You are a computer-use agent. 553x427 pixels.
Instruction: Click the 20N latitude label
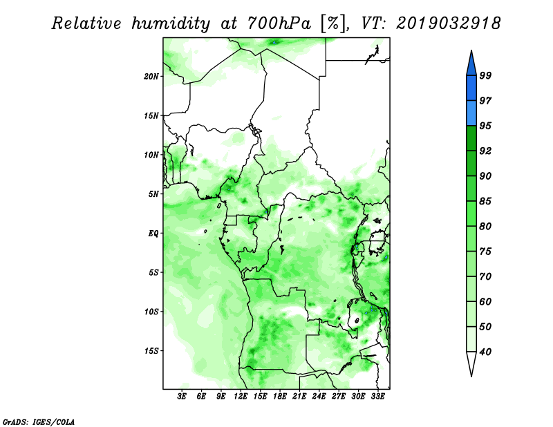(151, 76)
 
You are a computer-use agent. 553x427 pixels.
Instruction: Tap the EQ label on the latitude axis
(153, 234)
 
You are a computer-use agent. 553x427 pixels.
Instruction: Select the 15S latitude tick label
(151, 351)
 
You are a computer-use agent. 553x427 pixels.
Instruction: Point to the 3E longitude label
(182, 396)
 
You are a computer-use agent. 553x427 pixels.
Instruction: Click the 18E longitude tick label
(280, 396)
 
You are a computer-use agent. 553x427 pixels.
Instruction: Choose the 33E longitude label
(377, 396)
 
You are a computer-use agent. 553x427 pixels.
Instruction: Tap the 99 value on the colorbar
(486, 75)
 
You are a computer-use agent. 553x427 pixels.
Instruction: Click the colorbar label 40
(486, 352)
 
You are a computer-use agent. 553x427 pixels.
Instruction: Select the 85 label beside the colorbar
(486, 201)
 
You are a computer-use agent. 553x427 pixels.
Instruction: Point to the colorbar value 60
(486, 302)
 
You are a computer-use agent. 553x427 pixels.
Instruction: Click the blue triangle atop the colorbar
(471, 64)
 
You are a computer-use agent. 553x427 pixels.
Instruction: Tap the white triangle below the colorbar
(471, 363)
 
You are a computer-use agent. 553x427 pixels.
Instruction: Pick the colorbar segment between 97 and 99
(471, 88)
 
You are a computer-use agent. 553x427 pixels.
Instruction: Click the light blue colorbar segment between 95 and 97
(471, 113)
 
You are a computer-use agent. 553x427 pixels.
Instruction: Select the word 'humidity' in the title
(171, 23)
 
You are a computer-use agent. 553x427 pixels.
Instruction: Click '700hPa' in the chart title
(279, 23)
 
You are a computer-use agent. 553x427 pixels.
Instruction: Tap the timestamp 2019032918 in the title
(448, 23)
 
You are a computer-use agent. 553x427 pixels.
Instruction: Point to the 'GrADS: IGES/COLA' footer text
(39, 421)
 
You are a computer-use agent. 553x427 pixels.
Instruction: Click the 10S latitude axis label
(151, 312)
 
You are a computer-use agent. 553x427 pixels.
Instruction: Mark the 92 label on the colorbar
(486, 151)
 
